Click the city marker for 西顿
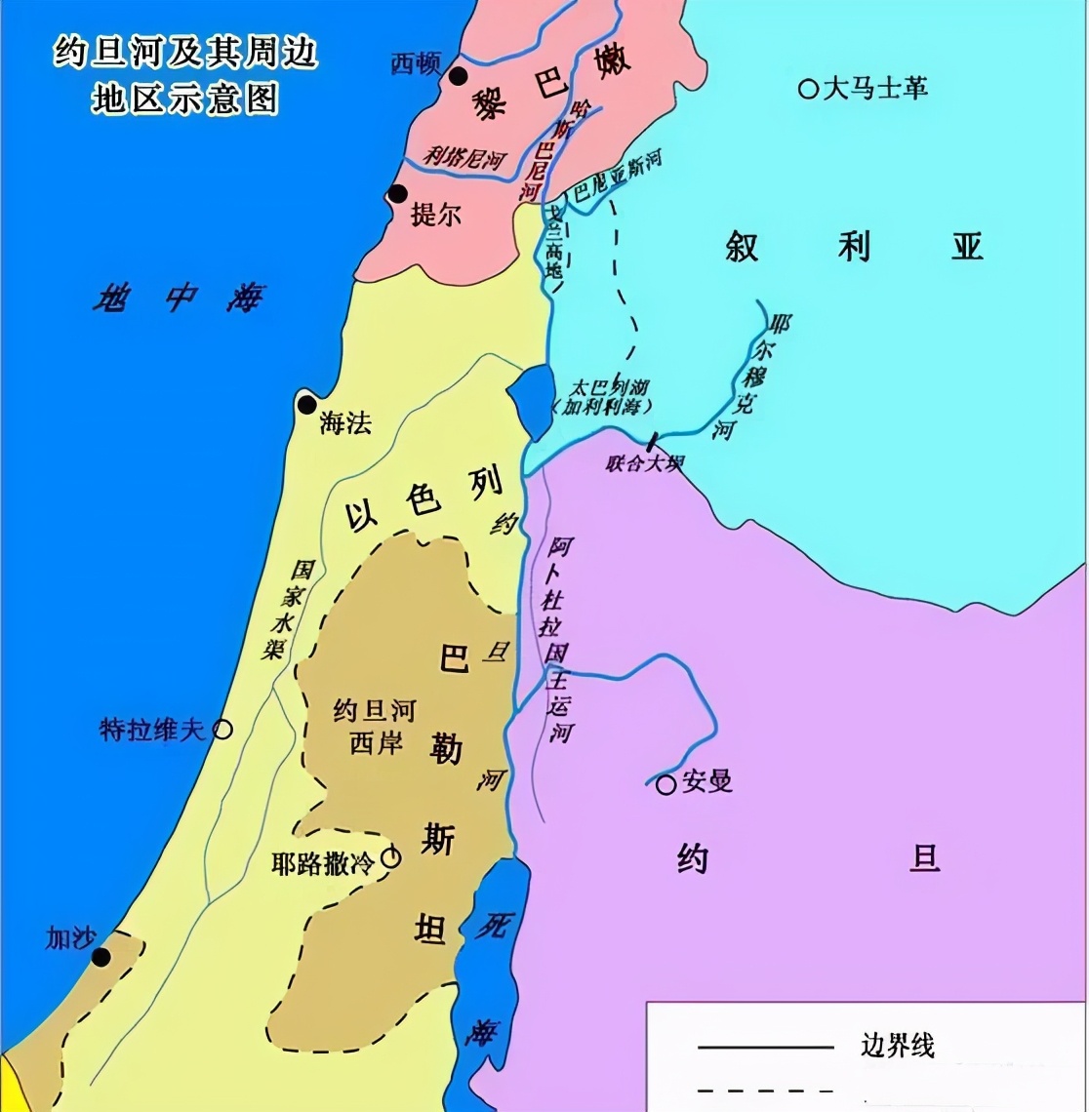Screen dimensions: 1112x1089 (x=458, y=76)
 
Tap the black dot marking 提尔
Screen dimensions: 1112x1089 (x=397, y=194)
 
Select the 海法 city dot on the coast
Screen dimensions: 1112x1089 (x=307, y=405)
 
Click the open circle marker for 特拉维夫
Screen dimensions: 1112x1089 (x=222, y=728)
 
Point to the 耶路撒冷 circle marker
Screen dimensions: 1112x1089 (x=390, y=857)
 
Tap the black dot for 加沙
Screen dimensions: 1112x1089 (x=101, y=956)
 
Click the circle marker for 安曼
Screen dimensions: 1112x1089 (x=665, y=784)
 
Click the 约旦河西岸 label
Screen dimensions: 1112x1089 (x=374, y=727)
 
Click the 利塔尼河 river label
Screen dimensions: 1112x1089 (x=464, y=155)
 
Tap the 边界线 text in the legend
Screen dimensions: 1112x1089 (x=897, y=1046)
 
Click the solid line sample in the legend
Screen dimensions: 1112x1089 (x=765, y=1048)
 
